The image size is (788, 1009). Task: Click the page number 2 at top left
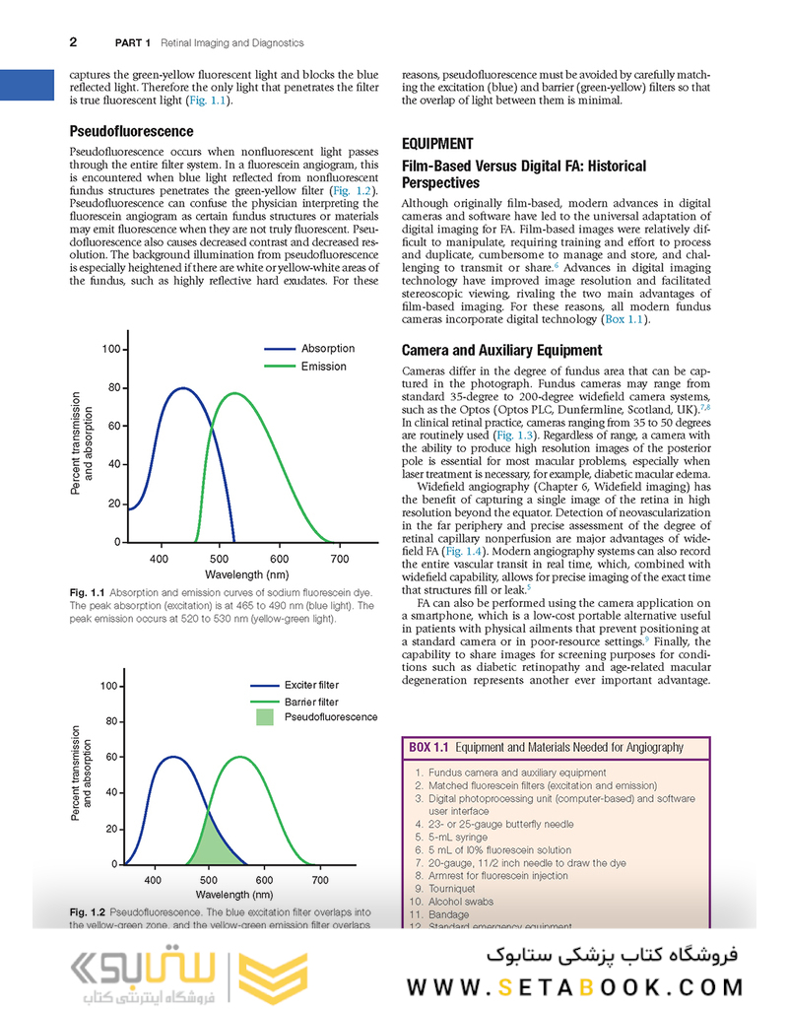click(74, 42)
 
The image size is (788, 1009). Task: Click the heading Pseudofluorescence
click(131, 131)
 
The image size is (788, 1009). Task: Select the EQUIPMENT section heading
click(437, 143)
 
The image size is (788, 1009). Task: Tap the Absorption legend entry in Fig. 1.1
click(328, 349)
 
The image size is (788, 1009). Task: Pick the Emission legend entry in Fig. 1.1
click(324, 367)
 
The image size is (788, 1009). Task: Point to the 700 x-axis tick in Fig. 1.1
click(339, 559)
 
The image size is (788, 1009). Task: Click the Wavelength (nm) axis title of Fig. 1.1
click(247, 574)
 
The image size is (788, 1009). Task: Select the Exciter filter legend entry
click(311, 685)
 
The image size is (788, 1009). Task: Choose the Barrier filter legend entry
click(310, 702)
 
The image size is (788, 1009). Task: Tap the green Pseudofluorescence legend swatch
click(266, 717)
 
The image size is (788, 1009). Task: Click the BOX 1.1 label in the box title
click(428, 748)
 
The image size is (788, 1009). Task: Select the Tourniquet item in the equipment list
click(454, 888)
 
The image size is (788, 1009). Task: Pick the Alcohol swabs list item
click(461, 901)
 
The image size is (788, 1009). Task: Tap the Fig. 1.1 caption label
click(88, 592)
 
